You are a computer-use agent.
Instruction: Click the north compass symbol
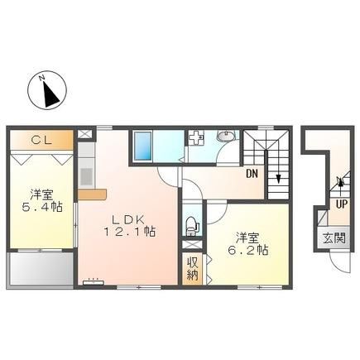pyautogui.click(x=47, y=90)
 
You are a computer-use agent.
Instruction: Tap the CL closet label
pyautogui.click(x=41, y=141)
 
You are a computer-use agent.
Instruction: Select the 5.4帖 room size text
pyautogui.click(x=42, y=207)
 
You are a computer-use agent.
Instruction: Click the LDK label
pyautogui.click(x=128, y=220)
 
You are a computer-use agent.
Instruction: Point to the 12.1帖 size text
pyautogui.click(x=129, y=232)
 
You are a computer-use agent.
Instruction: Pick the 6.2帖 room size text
pyautogui.click(x=247, y=250)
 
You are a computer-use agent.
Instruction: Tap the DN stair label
pyautogui.click(x=252, y=174)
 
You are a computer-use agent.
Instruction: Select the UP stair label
pyautogui.click(x=342, y=204)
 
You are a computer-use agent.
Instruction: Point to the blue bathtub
pyautogui.click(x=142, y=146)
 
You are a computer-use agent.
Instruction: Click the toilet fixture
pyautogui.click(x=192, y=225)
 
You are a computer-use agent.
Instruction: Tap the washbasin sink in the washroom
pyautogui.click(x=225, y=136)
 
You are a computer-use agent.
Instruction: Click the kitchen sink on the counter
pyautogui.click(x=86, y=175)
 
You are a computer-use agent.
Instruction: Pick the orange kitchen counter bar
pyautogui.click(x=92, y=194)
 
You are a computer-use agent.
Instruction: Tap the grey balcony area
pyautogui.click(x=41, y=267)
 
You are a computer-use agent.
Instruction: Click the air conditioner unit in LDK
pyautogui.click(x=94, y=282)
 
